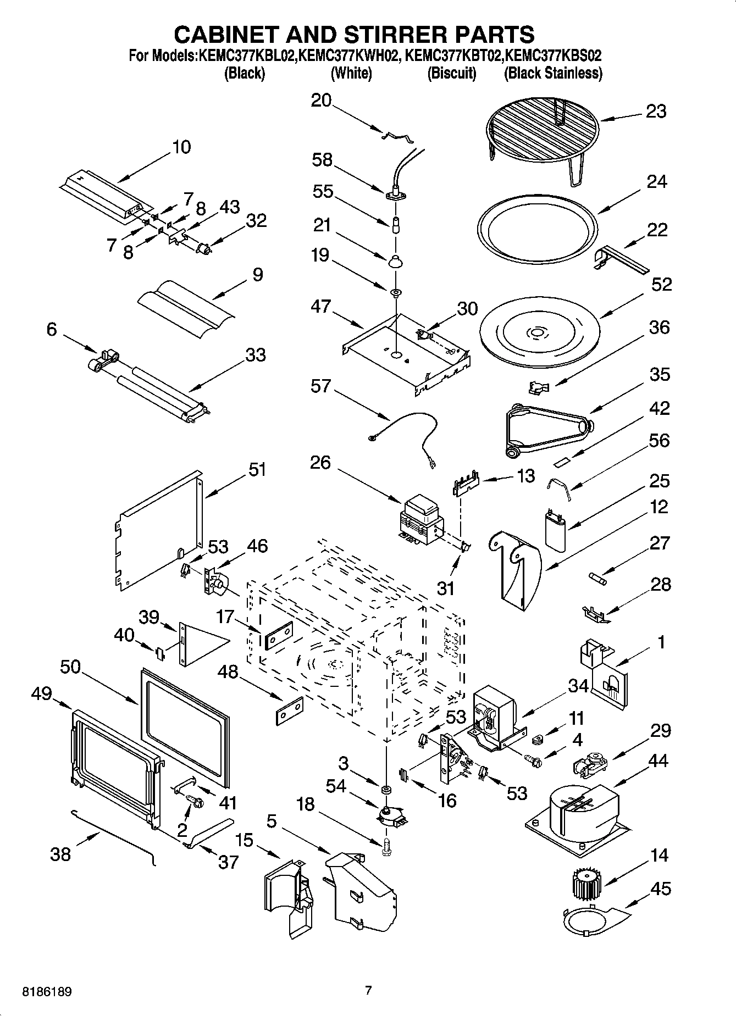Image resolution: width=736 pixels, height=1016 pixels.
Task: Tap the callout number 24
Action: click(x=656, y=181)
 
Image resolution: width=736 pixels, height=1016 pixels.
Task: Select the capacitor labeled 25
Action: click(x=556, y=529)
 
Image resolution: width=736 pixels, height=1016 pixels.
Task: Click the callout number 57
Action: click(x=320, y=386)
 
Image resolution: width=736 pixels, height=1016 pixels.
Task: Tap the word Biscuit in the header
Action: click(x=452, y=73)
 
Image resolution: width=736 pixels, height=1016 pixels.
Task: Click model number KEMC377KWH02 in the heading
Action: click(x=347, y=55)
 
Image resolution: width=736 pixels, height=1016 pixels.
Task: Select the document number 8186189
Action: click(x=47, y=992)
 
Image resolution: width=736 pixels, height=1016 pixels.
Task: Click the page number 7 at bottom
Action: click(x=368, y=991)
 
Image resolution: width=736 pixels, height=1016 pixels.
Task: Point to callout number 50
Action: click(x=70, y=667)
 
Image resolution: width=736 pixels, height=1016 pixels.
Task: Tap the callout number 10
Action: click(x=181, y=147)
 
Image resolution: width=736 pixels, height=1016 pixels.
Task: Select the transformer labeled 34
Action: click(x=494, y=716)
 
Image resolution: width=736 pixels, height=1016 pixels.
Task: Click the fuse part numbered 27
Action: click(x=597, y=578)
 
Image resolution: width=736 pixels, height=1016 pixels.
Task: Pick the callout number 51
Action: click(x=257, y=469)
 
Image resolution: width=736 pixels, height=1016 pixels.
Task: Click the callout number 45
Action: click(x=661, y=889)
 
